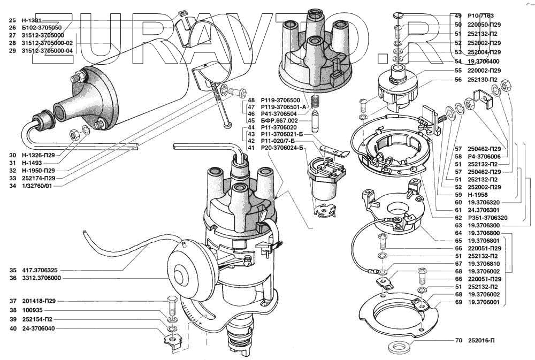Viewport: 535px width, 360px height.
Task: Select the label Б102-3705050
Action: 42,27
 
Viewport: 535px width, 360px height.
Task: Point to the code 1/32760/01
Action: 38,186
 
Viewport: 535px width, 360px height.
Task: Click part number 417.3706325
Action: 40,270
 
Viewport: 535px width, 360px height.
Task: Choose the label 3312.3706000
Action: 41,278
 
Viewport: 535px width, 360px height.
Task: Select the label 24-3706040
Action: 40,328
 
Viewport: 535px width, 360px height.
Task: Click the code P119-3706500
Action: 280,100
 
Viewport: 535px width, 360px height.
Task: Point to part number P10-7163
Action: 480,16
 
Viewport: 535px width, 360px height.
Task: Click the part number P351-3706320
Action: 487,218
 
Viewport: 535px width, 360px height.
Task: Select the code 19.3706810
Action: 484,264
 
